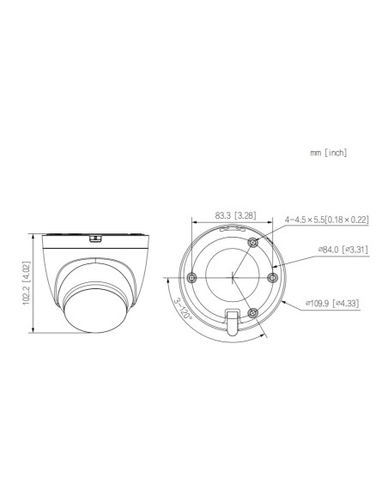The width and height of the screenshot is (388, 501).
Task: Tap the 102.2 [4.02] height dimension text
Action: click(x=27, y=282)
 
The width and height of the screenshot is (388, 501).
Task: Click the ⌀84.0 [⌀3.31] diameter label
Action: click(x=342, y=250)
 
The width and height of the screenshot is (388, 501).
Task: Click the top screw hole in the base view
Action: click(x=252, y=244)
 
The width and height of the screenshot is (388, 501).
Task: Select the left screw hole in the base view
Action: click(x=191, y=276)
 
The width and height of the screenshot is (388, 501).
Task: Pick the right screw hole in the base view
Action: click(x=274, y=276)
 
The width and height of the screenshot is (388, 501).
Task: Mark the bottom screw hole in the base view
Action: click(x=252, y=313)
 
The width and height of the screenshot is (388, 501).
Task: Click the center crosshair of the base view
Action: click(x=233, y=277)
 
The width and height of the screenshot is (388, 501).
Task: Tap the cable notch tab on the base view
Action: click(x=233, y=324)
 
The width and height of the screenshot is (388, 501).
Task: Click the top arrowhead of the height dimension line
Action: click(x=33, y=231)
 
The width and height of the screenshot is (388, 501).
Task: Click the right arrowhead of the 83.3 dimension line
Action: click(x=274, y=222)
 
